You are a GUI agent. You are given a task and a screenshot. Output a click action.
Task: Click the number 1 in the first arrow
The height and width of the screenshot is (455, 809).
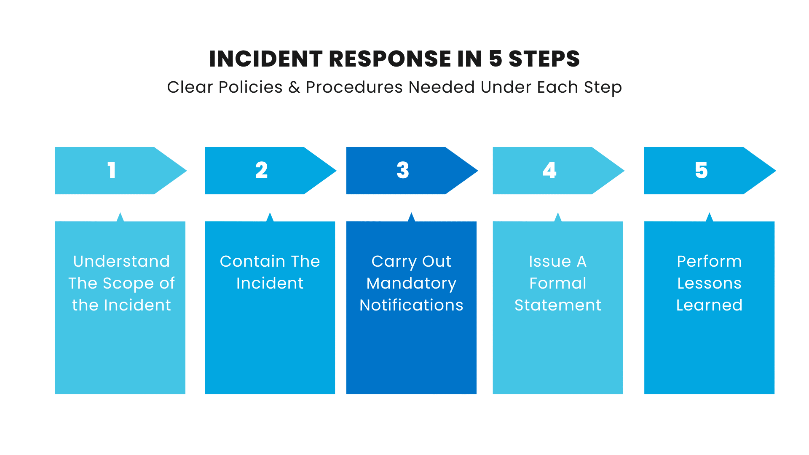pyautogui.click(x=111, y=170)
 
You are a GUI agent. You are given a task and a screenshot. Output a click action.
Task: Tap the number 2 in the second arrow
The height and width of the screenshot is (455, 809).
pyautogui.click(x=261, y=170)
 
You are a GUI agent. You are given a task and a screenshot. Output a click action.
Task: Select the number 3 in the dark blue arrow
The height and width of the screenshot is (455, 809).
pyautogui.click(x=403, y=170)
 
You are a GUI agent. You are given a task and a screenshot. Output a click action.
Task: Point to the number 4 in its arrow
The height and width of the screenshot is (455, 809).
pyautogui.click(x=549, y=170)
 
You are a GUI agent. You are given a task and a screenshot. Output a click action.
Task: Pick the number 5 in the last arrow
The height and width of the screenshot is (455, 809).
pyautogui.click(x=701, y=170)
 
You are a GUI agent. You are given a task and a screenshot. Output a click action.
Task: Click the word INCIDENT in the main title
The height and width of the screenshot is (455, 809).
pyautogui.click(x=266, y=59)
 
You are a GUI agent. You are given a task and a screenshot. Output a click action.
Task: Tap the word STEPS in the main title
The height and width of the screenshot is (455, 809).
pyautogui.click(x=544, y=59)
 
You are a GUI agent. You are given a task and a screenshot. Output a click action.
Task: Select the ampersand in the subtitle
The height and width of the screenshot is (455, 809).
pyautogui.click(x=294, y=87)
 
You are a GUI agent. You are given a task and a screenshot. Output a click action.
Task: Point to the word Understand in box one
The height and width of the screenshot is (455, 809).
pyautogui.click(x=121, y=261)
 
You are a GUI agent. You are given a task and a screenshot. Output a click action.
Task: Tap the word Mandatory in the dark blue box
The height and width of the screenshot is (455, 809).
pyautogui.click(x=411, y=284)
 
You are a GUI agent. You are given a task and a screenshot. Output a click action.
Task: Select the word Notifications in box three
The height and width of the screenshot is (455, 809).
pyautogui.click(x=411, y=305)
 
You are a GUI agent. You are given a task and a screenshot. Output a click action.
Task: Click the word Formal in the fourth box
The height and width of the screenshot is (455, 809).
pyautogui.click(x=558, y=283)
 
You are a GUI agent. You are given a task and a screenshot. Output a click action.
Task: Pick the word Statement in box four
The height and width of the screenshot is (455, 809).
pyautogui.click(x=558, y=305)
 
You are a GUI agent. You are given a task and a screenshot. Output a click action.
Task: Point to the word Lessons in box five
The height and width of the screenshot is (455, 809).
pyautogui.click(x=709, y=283)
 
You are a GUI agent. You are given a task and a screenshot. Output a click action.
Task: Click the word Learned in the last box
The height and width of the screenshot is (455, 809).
pyautogui.click(x=709, y=305)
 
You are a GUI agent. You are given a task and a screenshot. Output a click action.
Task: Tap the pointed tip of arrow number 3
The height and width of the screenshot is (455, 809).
pyautogui.click(x=477, y=171)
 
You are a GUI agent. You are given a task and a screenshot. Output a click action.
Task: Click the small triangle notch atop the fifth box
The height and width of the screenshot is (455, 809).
pyautogui.click(x=710, y=217)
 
